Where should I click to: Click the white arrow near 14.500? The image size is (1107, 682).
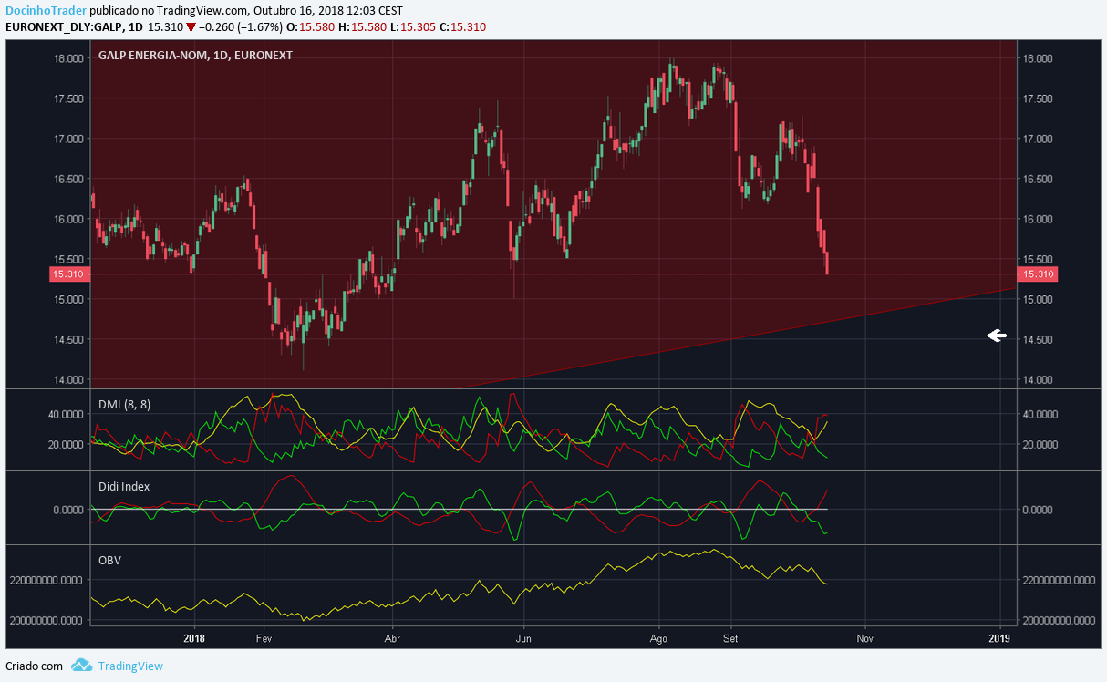[997, 336]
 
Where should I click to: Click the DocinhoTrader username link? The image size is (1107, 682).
[46, 9]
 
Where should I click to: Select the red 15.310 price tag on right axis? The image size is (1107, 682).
[1038, 274]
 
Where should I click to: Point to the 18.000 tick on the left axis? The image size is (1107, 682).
[69, 58]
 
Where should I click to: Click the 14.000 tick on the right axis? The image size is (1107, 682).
[1039, 379]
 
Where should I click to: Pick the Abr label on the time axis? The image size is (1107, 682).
[393, 639]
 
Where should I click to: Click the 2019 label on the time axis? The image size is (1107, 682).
[1000, 639]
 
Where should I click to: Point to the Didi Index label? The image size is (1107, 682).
[123, 486]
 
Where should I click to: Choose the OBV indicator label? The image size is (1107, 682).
[109, 559]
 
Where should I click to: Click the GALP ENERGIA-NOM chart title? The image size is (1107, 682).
[196, 55]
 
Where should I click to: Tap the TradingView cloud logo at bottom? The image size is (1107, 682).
[82, 666]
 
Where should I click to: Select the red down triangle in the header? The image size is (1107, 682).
[191, 26]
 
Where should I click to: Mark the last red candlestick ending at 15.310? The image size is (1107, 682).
[828, 263]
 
